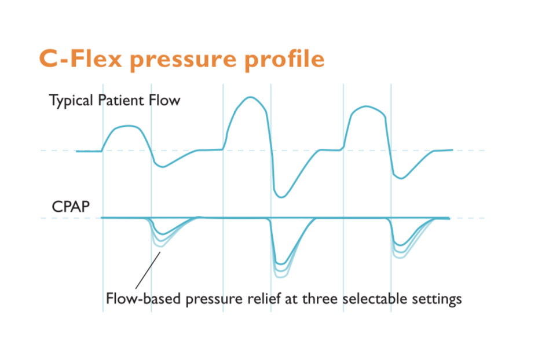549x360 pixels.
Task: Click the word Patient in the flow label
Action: (x=123, y=100)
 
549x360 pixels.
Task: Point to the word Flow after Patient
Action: (x=167, y=100)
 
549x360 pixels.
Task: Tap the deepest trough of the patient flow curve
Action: (x=281, y=197)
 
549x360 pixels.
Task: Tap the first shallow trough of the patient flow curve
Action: (x=163, y=167)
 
